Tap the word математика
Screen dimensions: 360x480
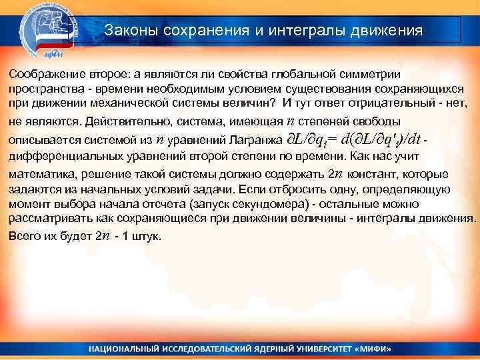click(x=37, y=175)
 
